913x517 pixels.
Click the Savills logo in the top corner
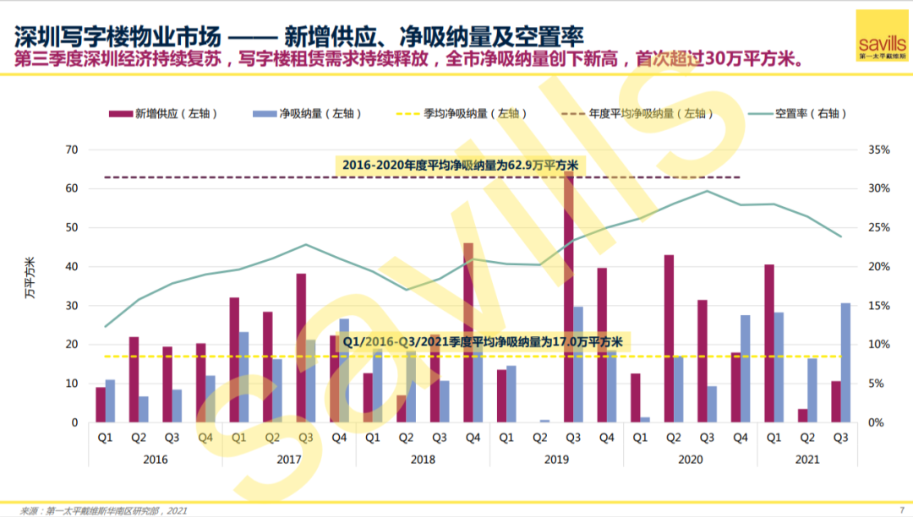[882, 36]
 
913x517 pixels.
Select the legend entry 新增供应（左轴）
[164, 113]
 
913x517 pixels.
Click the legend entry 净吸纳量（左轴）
[308, 113]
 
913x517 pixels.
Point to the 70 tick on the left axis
[72, 150]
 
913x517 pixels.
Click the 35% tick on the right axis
[879, 150]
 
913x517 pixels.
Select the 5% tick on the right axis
[877, 384]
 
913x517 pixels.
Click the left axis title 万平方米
[31, 278]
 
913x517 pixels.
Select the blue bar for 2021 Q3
[845, 362]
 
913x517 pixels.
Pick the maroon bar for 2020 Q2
[669, 339]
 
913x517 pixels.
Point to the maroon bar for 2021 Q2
[802, 416]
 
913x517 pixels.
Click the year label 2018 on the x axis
[423, 460]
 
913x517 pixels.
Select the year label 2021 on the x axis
[807, 460]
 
